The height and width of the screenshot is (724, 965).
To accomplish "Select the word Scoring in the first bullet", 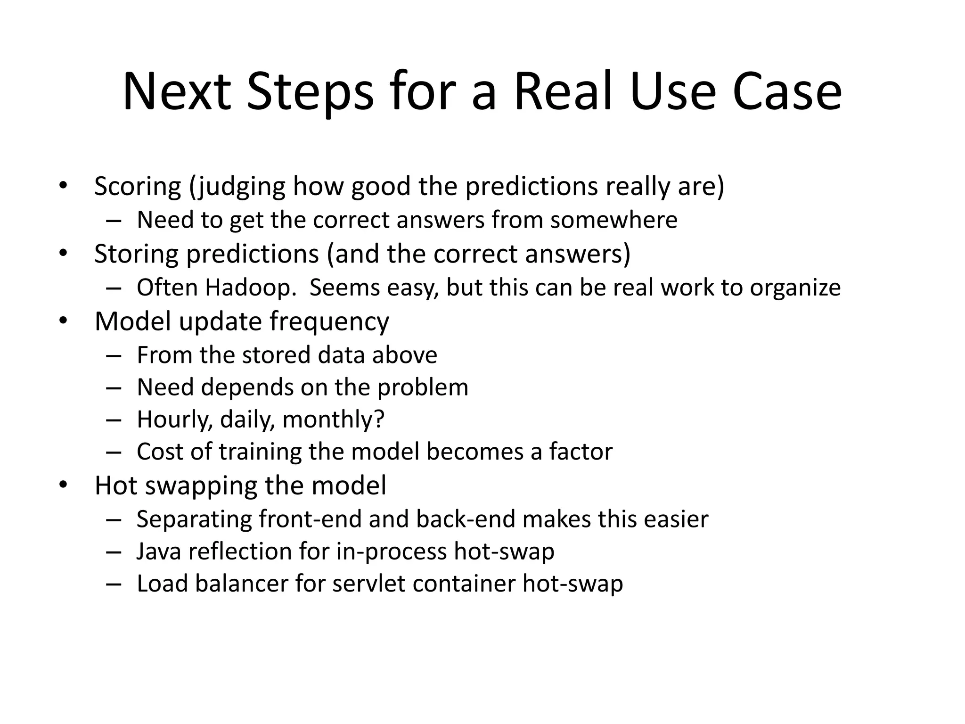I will pyautogui.click(x=138, y=186).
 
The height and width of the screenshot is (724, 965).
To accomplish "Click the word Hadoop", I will pyautogui.click(x=251, y=288).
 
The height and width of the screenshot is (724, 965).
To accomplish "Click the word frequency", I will pyautogui.click(x=329, y=322).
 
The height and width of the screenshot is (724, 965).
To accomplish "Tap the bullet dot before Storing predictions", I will pyautogui.click(x=64, y=253).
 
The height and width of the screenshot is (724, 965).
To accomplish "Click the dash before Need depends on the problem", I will pyautogui.click(x=114, y=388).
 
